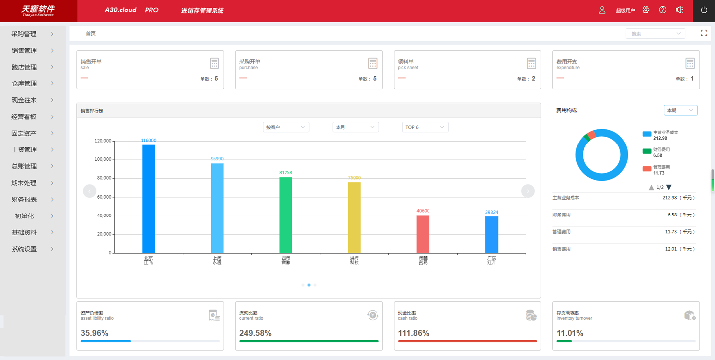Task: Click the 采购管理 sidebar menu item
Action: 24,34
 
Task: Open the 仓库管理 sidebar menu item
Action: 24,84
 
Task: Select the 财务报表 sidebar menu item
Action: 24,200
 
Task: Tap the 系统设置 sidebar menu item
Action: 24,249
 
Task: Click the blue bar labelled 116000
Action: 148,199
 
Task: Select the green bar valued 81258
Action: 286,215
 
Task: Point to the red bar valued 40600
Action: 423,234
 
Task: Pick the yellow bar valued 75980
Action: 354,217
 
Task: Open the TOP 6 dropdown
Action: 425,127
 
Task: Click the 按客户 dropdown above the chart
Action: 286,127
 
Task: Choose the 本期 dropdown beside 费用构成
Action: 680,110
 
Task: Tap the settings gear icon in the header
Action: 646,10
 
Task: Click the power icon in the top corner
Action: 704,10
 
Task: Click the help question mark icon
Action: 663,10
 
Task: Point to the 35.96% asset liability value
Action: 94,333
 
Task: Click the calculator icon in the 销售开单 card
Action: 214,64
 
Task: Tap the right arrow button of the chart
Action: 528,191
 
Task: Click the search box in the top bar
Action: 655,34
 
